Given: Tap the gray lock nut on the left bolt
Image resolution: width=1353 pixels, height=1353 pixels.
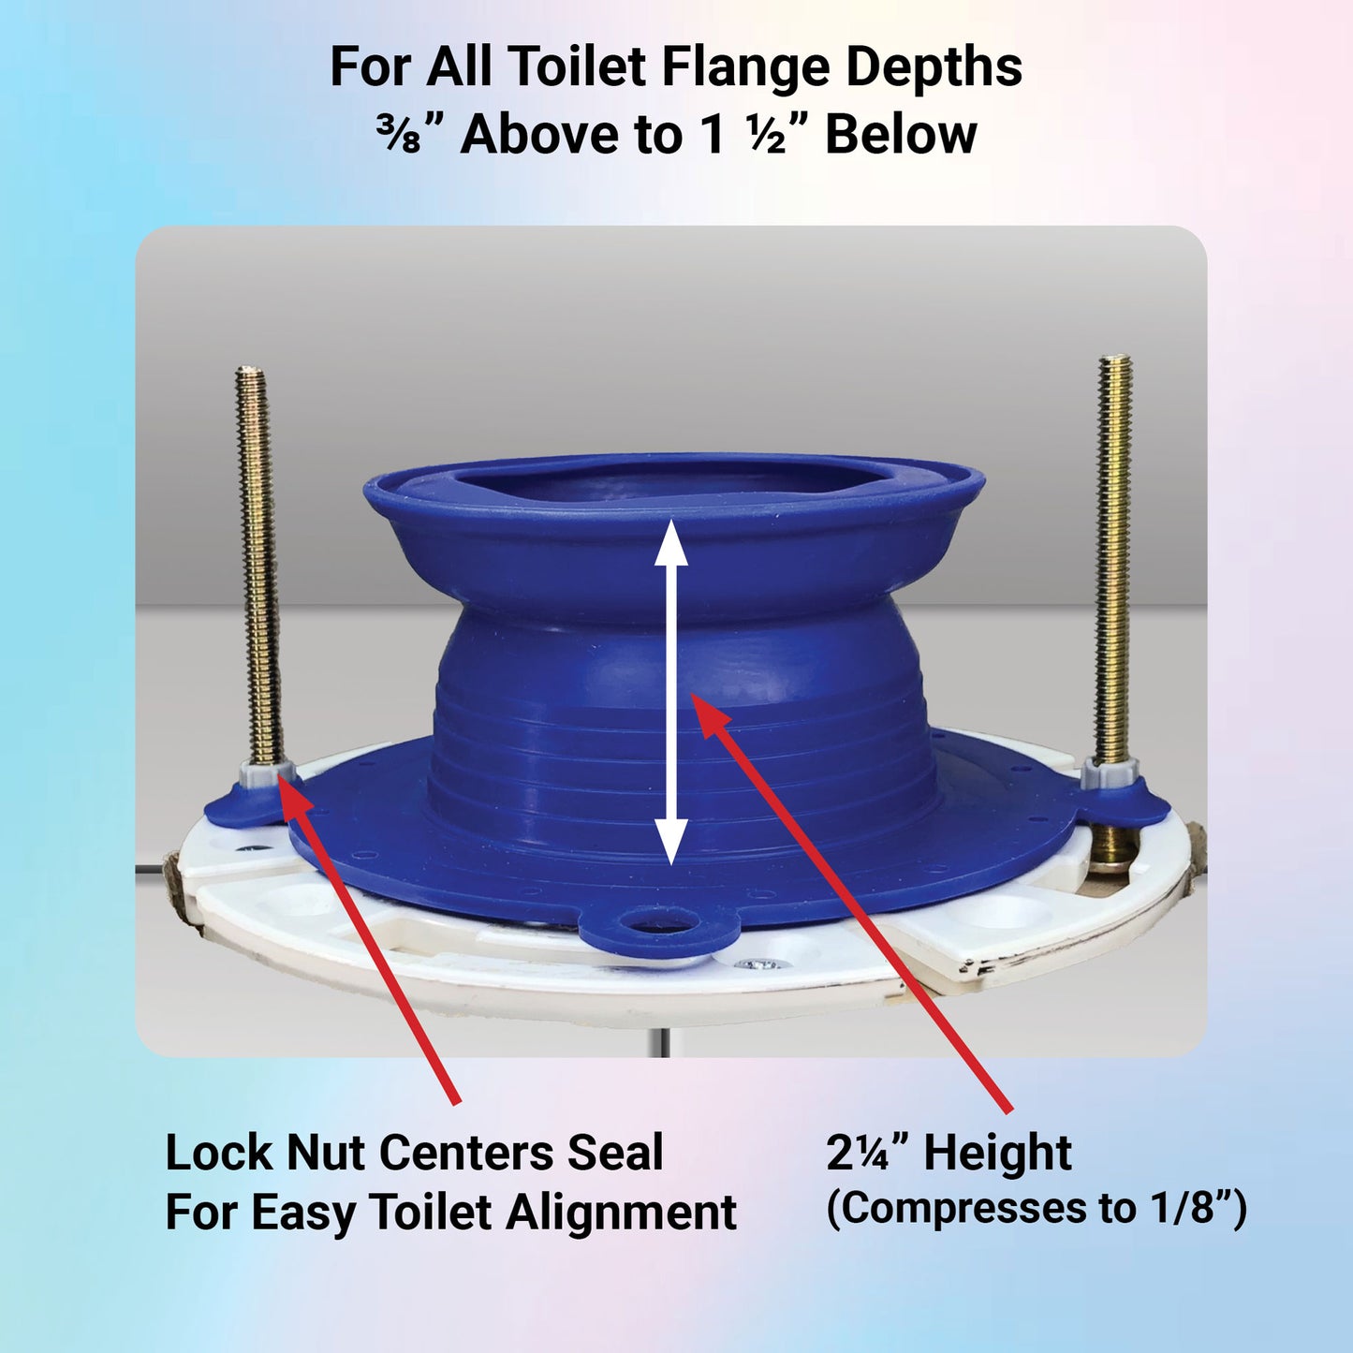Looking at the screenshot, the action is pyautogui.click(x=265, y=776).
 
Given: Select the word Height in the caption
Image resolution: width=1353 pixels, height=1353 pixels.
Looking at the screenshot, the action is pyautogui.click(x=998, y=1154).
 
